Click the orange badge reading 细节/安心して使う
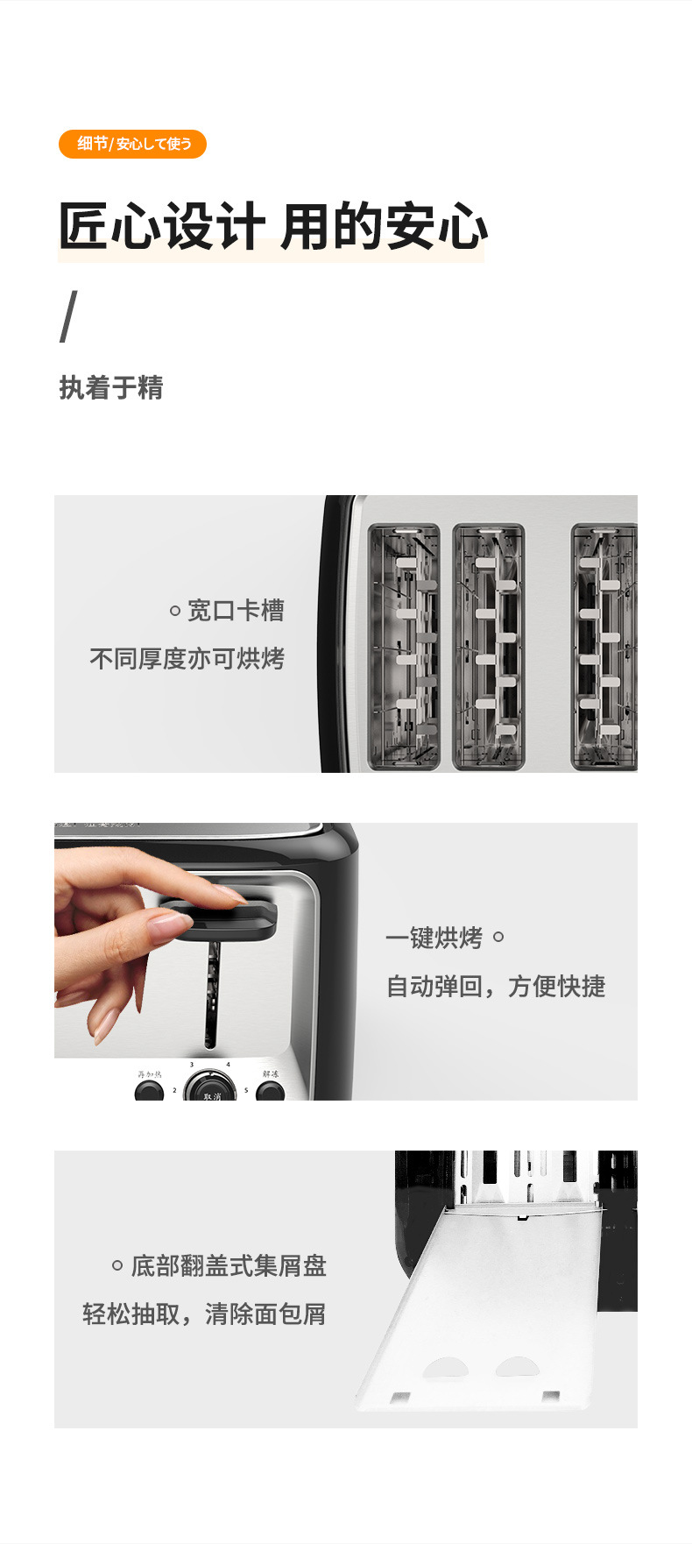(132, 144)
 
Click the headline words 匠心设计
(161, 226)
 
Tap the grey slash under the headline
(68, 316)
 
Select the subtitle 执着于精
(111, 387)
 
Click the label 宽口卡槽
(236, 611)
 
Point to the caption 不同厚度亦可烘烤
(187, 658)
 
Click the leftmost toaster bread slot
(404, 647)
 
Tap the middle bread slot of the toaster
(488, 647)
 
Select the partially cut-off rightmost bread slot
(604, 647)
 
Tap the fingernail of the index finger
(230, 895)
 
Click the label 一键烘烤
(434, 938)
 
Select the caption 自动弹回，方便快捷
(496, 987)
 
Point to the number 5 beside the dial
(246, 1091)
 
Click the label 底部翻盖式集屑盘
(229, 1265)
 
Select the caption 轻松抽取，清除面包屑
(204, 1314)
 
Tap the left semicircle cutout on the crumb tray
(446, 1368)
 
